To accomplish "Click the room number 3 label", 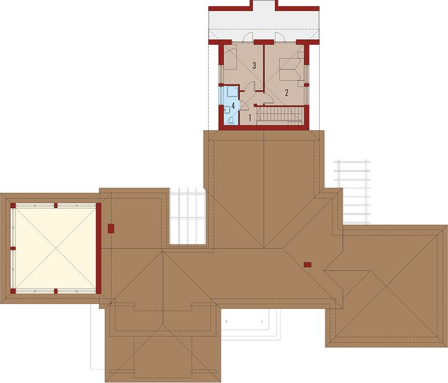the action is coord(254,66).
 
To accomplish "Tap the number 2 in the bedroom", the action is coord(287,93).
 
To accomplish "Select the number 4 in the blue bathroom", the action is coord(233,106).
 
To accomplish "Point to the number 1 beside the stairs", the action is coord(250,117).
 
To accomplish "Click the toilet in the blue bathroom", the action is coord(232,121).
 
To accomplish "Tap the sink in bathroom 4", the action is coord(227,109).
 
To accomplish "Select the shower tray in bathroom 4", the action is coord(232,91).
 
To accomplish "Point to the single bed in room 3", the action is coord(230,57).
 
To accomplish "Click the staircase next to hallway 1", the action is coord(280,116).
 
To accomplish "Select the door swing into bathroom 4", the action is coord(244,105).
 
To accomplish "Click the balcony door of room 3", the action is coord(248,37).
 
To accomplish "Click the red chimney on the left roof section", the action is coord(111,229).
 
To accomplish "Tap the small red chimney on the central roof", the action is coord(308,265).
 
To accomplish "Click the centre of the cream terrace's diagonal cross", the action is coord(56,248).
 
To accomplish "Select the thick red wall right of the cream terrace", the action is coord(98,248).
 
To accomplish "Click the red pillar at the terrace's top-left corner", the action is coord(13,205).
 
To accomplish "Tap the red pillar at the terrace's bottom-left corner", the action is coord(13,291).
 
